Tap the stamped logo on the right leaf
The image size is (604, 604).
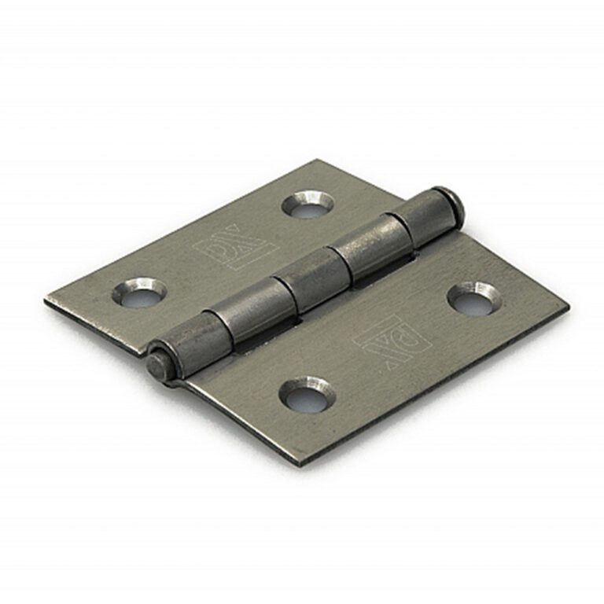click(x=392, y=337)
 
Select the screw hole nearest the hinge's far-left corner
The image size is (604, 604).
click(x=138, y=293)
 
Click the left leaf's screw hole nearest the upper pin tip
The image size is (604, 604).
click(x=308, y=204)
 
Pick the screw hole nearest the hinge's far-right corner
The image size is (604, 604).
click(x=472, y=298)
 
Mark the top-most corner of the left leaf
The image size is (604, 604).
click(x=319, y=160)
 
